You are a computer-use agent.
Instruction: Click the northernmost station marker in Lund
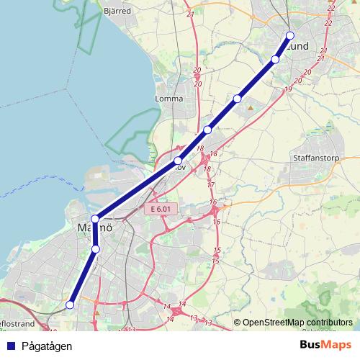click(290, 35)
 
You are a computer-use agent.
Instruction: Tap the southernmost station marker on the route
click(70, 305)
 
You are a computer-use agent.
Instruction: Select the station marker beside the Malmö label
click(94, 219)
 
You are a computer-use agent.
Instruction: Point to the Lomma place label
click(169, 99)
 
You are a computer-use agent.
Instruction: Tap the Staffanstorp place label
click(312, 156)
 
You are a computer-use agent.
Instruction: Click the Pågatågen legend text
click(46, 346)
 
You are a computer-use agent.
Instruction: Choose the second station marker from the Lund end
click(275, 59)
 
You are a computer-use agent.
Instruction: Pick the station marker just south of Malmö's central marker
click(96, 249)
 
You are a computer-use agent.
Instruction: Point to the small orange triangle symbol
click(250, 108)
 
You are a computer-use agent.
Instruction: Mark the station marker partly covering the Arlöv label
click(178, 161)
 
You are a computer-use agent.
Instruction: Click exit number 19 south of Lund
click(288, 89)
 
